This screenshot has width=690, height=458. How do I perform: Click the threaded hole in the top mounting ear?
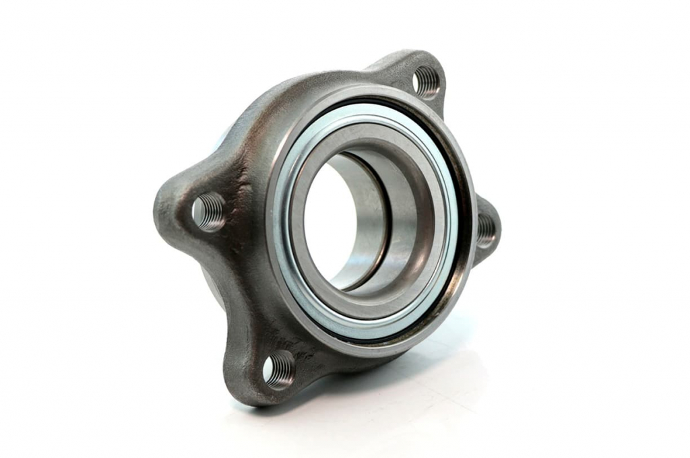point(426,81)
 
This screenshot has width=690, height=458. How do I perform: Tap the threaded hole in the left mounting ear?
point(208,211)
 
